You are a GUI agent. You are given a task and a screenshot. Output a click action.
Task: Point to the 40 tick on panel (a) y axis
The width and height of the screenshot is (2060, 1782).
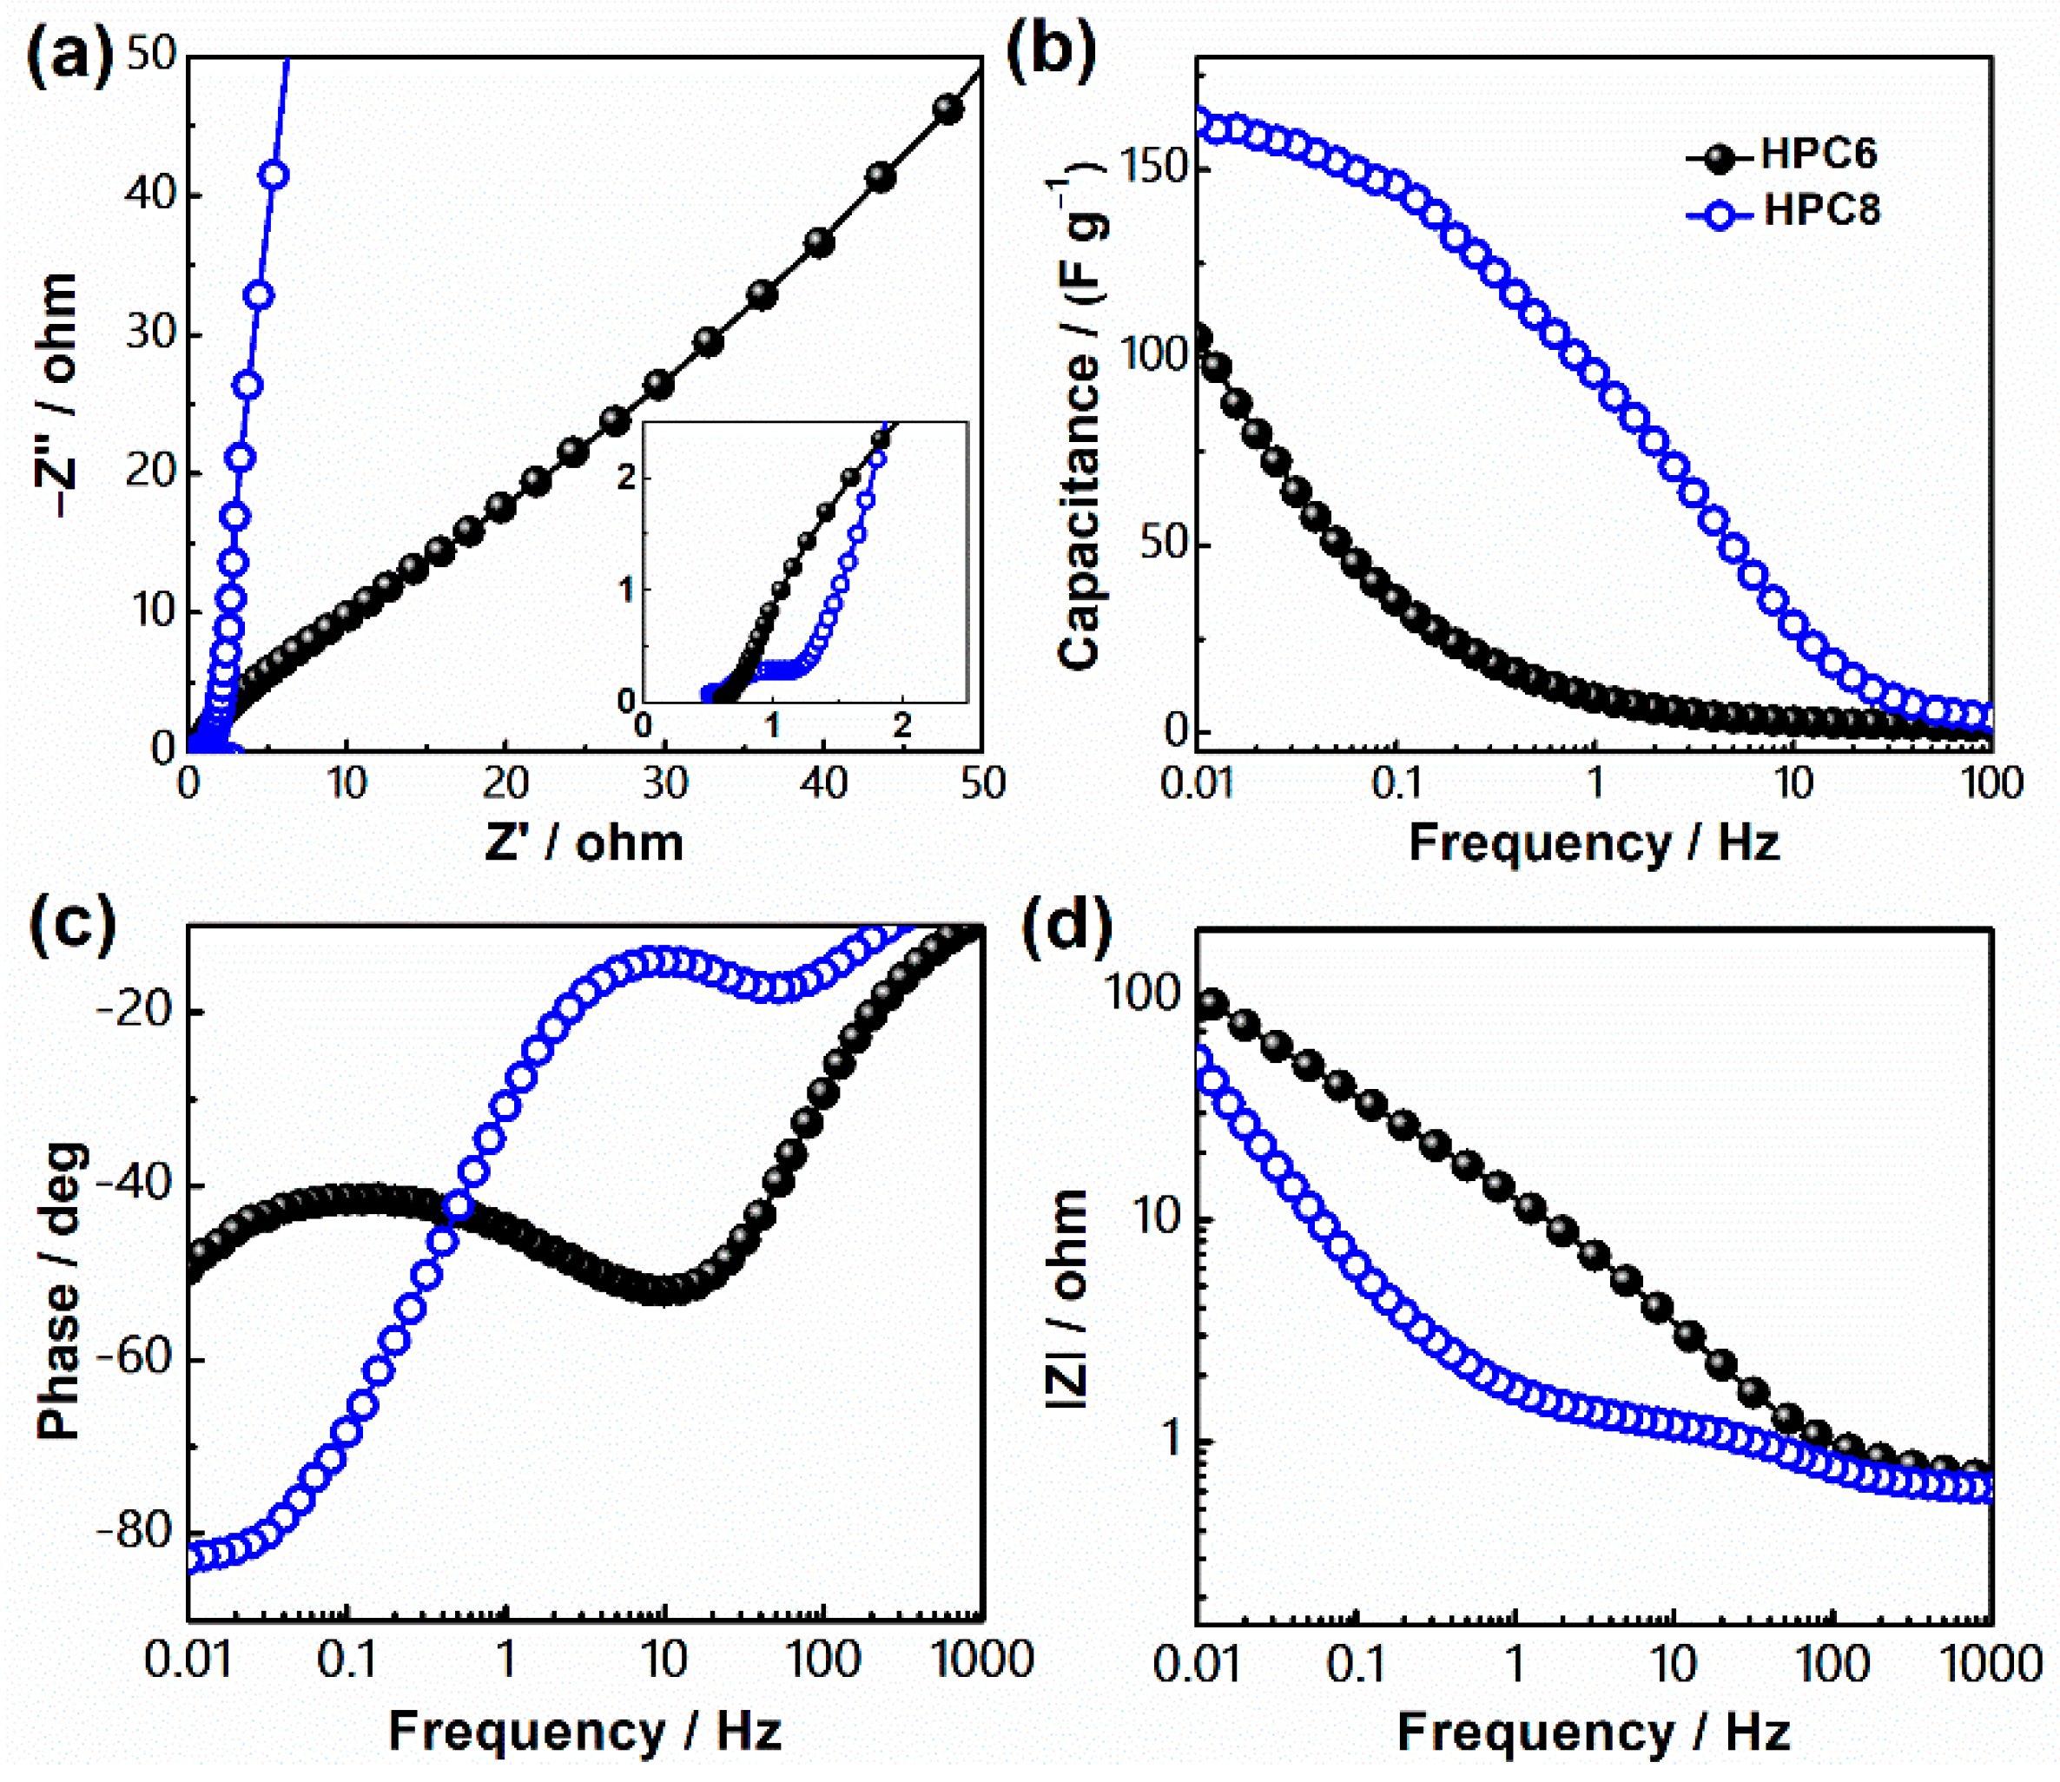[x=151, y=193]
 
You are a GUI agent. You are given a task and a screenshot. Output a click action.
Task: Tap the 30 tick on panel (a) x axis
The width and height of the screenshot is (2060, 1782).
[x=664, y=784]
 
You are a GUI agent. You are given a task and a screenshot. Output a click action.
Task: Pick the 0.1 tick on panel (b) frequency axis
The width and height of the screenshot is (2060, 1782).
[x=1396, y=784]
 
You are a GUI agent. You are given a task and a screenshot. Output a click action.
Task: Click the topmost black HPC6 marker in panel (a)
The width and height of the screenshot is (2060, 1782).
[x=948, y=109]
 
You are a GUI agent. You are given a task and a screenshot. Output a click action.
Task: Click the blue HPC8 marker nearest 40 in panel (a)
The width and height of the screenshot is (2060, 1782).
[x=274, y=176]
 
